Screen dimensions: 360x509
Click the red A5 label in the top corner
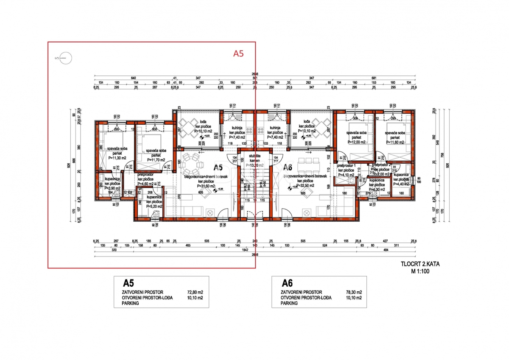tap(239, 53)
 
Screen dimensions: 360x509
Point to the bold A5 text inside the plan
tap(218, 167)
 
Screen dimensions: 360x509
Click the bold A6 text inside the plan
tap(288, 167)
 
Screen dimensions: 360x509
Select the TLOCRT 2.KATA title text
tap(420, 264)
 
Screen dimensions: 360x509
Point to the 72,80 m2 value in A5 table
tap(195, 292)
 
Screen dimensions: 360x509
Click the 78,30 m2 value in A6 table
tap(353, 292)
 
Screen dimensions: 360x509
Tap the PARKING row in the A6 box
tap(289, 303)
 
